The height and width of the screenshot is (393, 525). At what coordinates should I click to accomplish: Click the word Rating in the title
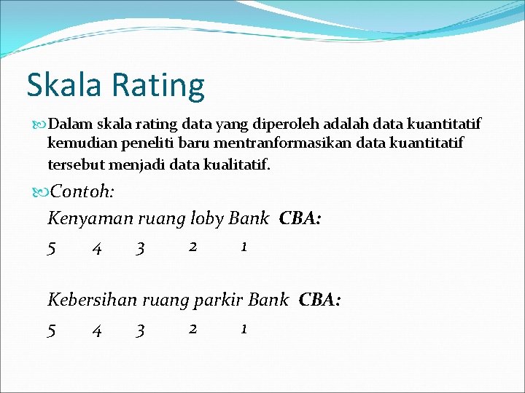(158, 86)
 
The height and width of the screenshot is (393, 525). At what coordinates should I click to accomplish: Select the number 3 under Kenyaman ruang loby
(140, 249)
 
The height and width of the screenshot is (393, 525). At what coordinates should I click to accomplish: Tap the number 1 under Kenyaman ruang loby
(244, 247)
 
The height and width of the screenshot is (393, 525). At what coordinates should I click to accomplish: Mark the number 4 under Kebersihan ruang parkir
(96, 330)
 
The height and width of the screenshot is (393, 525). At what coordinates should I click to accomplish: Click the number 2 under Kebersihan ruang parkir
(192, 328)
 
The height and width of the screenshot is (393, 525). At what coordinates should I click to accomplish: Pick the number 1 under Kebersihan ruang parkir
(244, 328)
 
